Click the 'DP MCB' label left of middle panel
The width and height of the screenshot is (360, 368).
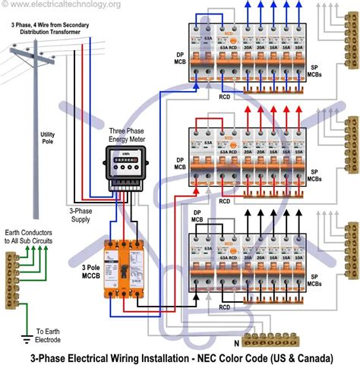pos(180,162)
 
